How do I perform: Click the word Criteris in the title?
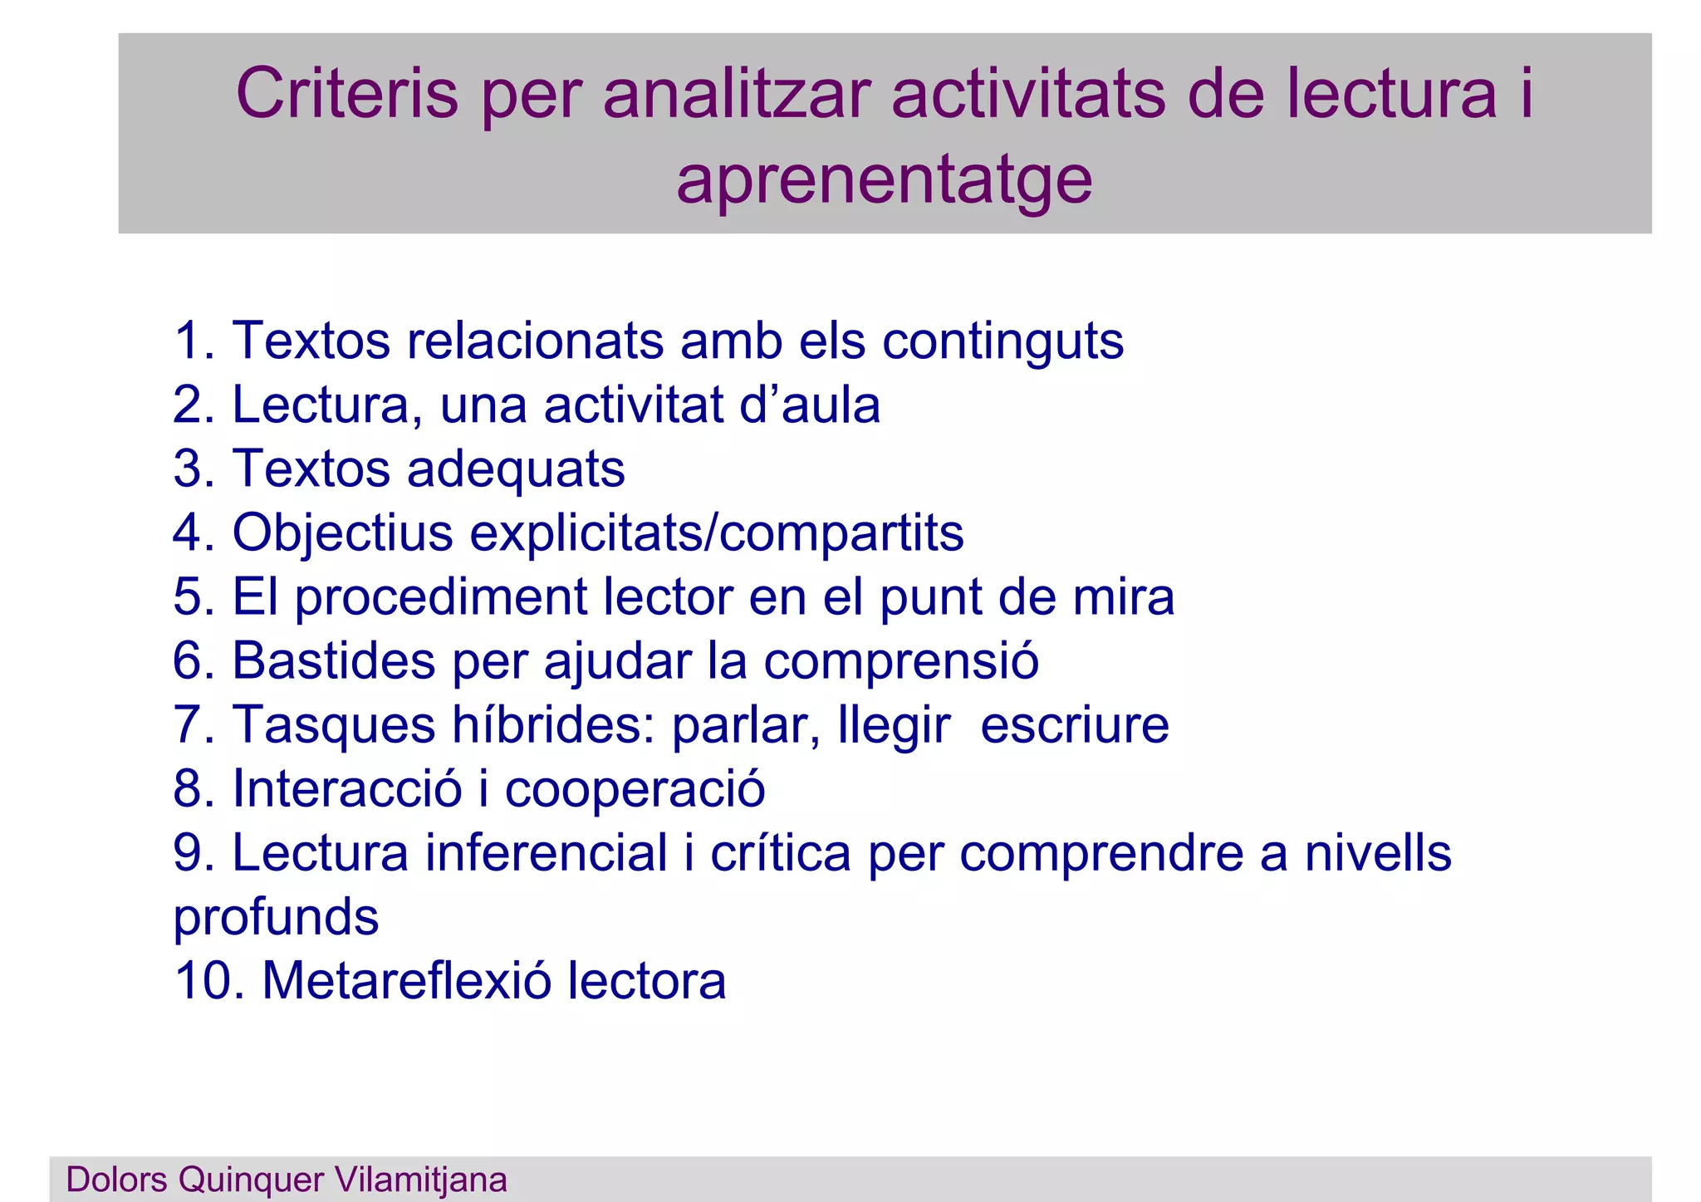[346, 94]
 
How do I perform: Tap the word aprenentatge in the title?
[884, 180]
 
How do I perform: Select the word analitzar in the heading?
[737, 94]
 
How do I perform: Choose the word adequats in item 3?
[516, 469]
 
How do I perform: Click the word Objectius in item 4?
[342, 532]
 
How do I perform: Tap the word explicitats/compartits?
[716, 532]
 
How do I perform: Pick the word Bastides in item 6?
[333, 661]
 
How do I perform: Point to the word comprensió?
[901, 661]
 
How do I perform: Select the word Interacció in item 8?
[347, 788]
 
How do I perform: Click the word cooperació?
[635, 788]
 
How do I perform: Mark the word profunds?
[276, 918]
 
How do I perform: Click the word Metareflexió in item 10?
[406, 981]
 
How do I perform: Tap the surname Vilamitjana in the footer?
[420, 1180]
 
